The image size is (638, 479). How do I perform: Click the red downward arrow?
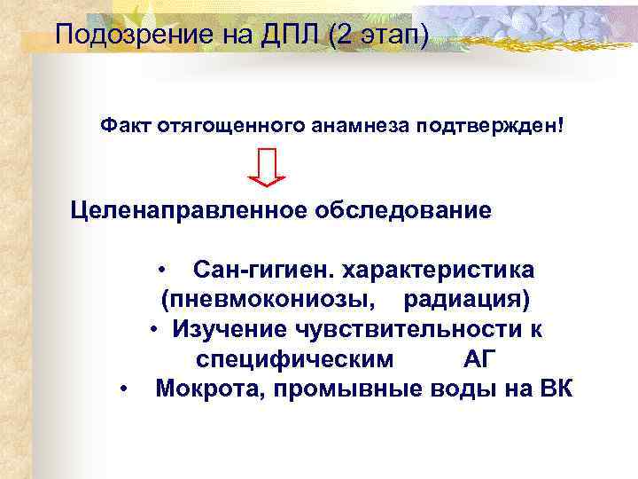(267, 167)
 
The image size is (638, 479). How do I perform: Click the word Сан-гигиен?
(263, 268)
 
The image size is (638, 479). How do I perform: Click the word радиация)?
(467, 297)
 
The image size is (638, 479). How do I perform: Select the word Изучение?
(226, 329)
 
